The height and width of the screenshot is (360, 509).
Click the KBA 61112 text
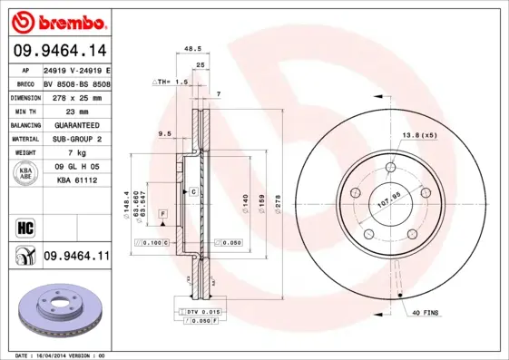[x=76, y=180]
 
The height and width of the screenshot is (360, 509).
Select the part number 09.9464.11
[x=76, y=257]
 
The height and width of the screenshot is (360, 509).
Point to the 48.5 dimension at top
[x=192, y=48]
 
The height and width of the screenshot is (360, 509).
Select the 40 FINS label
[x=425, y=314]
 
